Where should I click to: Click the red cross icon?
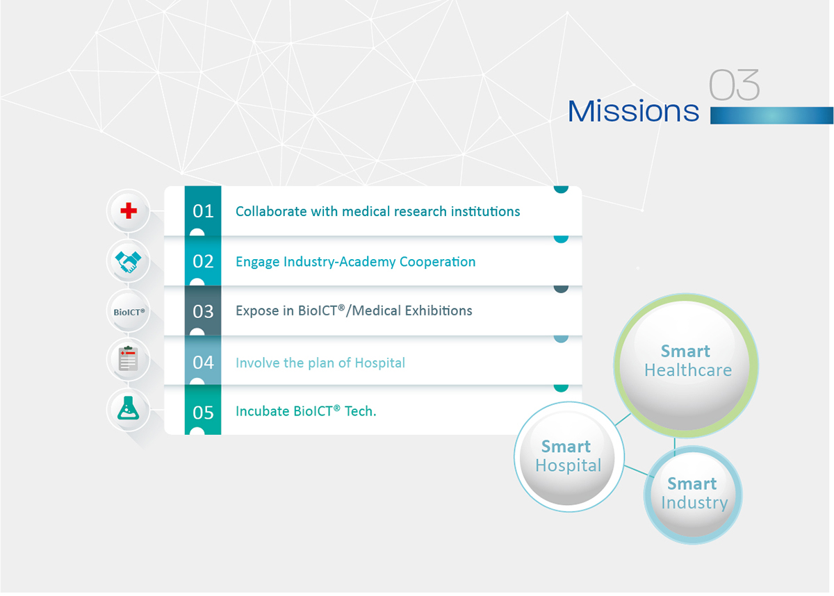[x=129, y=210]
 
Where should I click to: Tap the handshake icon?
[x=128, y=262]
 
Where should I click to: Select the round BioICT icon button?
[x=129, y=312]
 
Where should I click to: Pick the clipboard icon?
[x=128, y=358]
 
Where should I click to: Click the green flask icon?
[x=128, y=408]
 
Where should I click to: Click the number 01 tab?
[x=203, y=211]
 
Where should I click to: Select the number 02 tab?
[x=203, y=261]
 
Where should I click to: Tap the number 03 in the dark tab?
[x=203, y=311]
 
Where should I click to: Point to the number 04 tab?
[x=203, y=361]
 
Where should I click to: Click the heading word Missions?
[x=633, y=111]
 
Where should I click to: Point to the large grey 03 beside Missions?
[x=734, y=85]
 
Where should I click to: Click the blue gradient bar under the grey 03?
[x=771, y=115]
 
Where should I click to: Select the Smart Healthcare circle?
[x=686, y=365]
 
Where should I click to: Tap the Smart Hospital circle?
[x=569, y=457]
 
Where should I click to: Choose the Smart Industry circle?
[x=693, y=495]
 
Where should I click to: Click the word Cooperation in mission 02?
[x=437, y=262]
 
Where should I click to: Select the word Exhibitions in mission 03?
[x=439, y=311]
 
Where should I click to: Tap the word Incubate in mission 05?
[x=263, y=411]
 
